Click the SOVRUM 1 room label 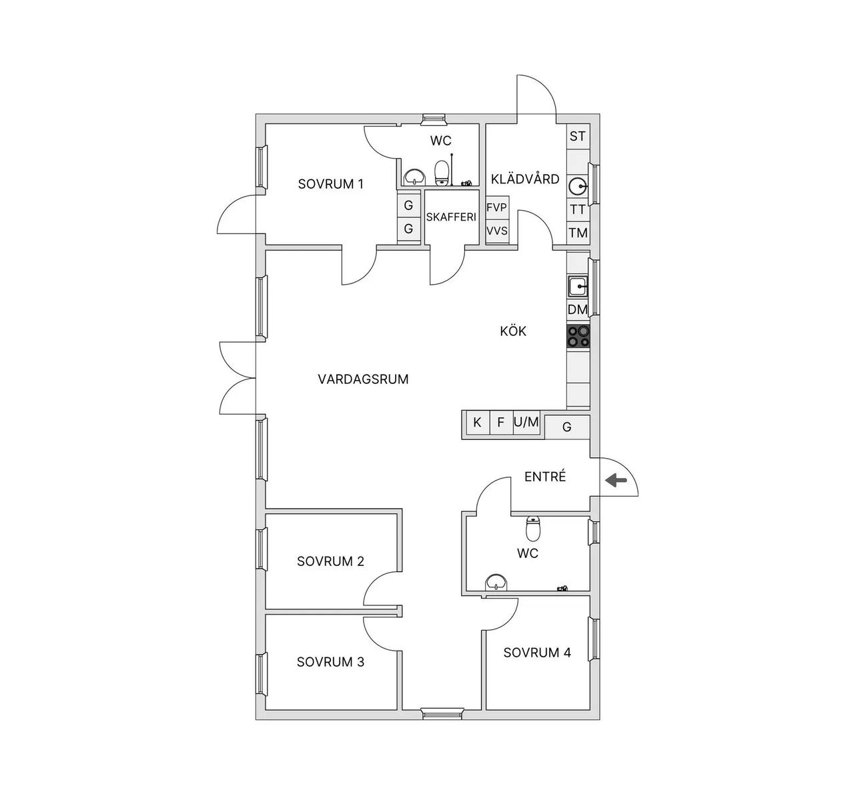(x=330, y=184)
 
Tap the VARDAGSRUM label (x=363, y=379)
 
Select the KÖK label (x=513, y=331)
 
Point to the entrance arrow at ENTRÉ (x=616, y=480)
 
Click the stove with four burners (x=578, y=336)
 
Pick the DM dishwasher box (x=578, y=309)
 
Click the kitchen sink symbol (x=578, y=286)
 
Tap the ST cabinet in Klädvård (x=578, y=136)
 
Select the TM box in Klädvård (x=578, y=233)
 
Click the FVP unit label (x=496, y=207)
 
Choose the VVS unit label (x=496, y=231)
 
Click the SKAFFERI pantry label (x=451, y=217)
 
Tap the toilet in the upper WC (x=442, y=173)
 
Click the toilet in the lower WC (x=533, y=528)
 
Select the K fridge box (x=477, y=423)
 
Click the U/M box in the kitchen (x=526, y=423)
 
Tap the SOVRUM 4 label (x=537, y=653)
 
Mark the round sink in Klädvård (x=578, y=186)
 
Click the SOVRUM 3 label (x=330, y=662)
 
